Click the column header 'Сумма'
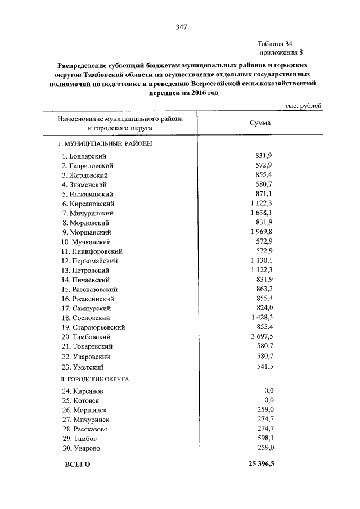coord(259,123)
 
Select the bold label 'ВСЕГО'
coord(78,465)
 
